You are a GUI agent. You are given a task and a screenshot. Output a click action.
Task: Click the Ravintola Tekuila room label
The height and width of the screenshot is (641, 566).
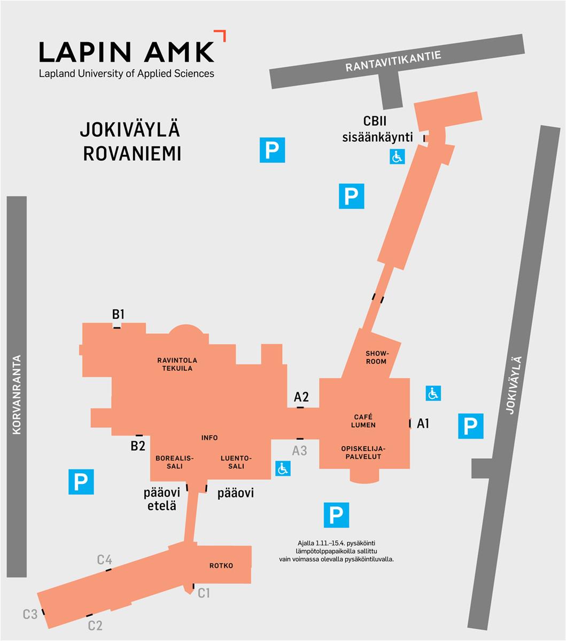pos(174,364)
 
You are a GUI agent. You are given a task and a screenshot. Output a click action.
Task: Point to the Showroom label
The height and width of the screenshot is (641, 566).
pos(376,357)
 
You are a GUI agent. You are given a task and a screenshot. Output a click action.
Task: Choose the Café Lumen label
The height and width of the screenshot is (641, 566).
pos(363,421)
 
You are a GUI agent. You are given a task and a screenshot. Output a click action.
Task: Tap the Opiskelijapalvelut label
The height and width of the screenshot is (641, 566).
pos(363,453)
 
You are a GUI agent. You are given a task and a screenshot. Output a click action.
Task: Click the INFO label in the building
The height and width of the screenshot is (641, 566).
pos(210,438)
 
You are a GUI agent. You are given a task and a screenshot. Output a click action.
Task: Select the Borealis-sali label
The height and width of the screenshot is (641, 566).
pos(174,462)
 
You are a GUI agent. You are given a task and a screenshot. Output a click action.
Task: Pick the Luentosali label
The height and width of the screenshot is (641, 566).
pos(236,462)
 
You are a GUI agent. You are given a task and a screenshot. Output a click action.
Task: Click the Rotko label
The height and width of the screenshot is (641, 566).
pos(221,566)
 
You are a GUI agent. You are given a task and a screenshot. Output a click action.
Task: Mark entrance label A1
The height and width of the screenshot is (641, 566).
pos(423,424)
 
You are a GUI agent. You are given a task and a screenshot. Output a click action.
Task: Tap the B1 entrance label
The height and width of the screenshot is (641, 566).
pos(118,315)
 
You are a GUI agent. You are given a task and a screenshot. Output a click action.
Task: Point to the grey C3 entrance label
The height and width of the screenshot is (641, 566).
pos(30,614)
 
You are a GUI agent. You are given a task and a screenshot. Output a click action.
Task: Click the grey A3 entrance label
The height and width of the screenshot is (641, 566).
pos(299,450)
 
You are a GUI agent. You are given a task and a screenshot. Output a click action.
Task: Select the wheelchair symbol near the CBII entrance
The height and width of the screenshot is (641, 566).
pos(397,157)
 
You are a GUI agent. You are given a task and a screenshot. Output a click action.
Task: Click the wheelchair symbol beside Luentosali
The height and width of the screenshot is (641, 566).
pos(283,468)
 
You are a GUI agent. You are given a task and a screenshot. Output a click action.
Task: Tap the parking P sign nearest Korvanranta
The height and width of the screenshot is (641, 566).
pos(81,482)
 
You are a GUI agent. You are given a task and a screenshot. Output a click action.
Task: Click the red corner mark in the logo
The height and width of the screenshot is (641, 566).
pos(220,35)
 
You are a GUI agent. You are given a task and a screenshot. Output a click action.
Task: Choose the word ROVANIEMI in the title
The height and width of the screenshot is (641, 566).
pos(132,153)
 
